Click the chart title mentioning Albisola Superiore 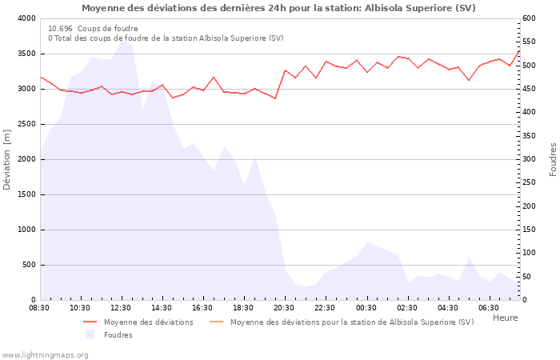[278, 8]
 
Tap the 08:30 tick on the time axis [39, 307]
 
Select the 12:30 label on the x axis [121, 307]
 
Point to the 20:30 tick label [284, 307]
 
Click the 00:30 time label [366, 307]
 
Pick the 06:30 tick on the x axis [488, 307]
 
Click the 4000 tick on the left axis [26, 18]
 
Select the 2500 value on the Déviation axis [26, 124]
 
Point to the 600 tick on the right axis [530, 18]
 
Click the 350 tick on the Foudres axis [530, 136]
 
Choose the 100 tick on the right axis [530, 253]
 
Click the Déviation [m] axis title [7, 159]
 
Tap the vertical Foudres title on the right [553, 159]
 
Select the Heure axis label [505, 318]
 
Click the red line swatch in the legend [90, 322]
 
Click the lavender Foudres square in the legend [90, 334]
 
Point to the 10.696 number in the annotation [60, 28]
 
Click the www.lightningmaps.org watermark [45, 354]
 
